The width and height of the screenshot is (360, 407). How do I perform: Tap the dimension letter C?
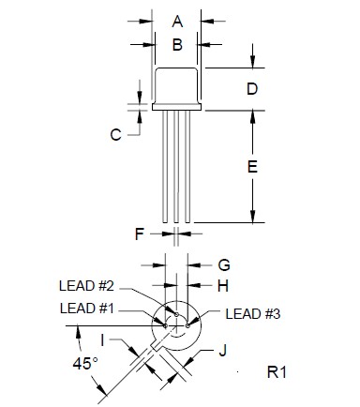click(115, 134)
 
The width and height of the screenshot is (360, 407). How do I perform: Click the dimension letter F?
click(139, 232)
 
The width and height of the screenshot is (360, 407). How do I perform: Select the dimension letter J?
click(222, 353)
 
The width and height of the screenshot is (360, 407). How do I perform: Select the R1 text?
click(277, 373)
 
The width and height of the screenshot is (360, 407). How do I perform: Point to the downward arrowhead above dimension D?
click(252, 63)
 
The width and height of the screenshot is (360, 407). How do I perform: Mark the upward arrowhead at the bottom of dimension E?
click(252, 217)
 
